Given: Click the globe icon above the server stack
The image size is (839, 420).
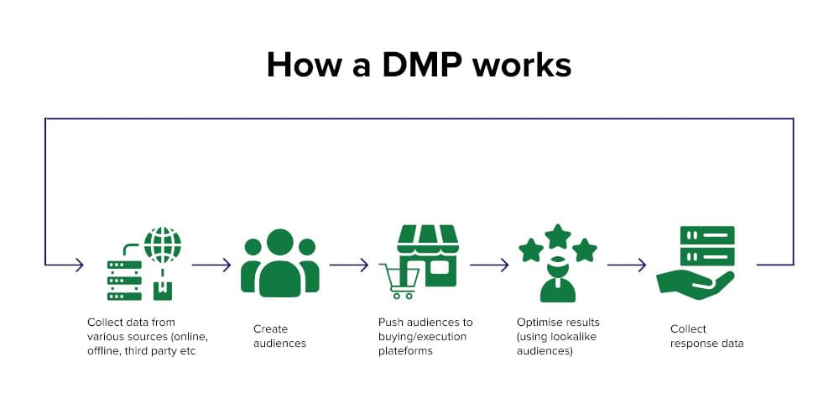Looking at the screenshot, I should (x=162, y=244).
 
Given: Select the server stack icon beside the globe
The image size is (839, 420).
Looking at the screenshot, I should (x=124, y=280).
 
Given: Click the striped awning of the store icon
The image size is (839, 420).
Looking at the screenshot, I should (x=428, y=238).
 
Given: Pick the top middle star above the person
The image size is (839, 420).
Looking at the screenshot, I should (x=558, y=235).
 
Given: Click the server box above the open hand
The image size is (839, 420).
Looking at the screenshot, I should (x=707, y=245).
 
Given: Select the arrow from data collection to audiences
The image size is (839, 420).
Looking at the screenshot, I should (x=211, y=265).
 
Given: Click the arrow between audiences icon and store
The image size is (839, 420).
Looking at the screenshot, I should (x=349, y=265).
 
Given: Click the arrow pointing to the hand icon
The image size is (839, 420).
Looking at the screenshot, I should (x=627, y=265).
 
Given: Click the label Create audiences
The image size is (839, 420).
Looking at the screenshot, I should (x=279, y=336).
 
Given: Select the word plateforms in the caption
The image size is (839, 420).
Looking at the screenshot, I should (x=406, y=351).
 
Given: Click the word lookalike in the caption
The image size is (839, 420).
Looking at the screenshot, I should (x=574, y=337).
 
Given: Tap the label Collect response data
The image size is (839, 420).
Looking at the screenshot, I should (x=706, y=336).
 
